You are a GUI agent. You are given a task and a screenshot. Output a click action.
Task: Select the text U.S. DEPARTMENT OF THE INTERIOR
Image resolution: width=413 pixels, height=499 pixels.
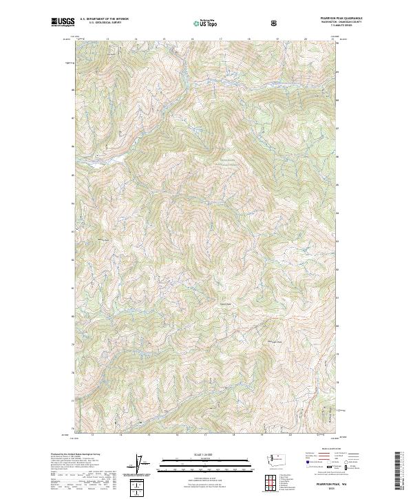104,19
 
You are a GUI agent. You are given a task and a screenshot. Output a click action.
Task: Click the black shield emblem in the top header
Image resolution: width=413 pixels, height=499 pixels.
275,23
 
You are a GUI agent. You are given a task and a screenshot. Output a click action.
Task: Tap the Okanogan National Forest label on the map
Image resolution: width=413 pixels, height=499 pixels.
227,164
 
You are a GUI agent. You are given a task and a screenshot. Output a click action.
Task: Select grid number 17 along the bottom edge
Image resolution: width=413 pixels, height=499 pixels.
205,434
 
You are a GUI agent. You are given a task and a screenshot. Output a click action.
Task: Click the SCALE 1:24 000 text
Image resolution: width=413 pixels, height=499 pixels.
206,454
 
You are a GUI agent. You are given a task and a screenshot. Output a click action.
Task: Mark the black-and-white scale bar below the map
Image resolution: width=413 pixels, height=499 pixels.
206,460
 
